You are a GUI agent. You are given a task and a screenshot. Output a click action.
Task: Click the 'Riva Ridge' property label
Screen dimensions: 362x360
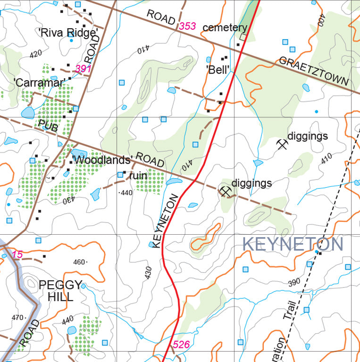tap(68, 32)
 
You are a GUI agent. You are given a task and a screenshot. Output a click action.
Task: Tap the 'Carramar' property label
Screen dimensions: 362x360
tap(39, 82)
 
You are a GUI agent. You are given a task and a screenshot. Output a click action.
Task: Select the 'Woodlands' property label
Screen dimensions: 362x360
tap(101, 159)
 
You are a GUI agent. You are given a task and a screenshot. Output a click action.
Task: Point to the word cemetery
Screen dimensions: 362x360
tap(225, 28)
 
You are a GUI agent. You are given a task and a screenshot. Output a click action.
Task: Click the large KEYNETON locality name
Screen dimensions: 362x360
tap(293, 245)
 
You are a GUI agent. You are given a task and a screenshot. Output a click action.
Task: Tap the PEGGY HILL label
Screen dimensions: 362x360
tap(60, 291)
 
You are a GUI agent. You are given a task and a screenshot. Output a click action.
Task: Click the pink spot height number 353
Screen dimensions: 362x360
tap(187, 26)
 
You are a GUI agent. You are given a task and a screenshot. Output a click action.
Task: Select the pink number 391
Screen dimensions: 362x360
tap(83, 69)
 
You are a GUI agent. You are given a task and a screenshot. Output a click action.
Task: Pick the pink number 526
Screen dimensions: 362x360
tap(181, 345)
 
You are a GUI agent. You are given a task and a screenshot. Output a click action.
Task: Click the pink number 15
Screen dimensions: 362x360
tap(17, 255)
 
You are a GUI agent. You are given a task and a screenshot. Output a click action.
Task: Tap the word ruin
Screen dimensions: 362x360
tap(138, 176)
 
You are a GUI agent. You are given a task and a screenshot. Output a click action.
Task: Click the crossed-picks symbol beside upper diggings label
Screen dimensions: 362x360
tap(282, 144)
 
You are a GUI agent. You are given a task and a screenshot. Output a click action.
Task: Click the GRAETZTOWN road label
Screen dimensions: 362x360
tap(314, 71)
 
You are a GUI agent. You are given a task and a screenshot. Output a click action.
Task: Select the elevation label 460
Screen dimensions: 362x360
tap(79, 262)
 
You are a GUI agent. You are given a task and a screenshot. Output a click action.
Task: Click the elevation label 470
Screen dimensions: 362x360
tap(18, 318)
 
